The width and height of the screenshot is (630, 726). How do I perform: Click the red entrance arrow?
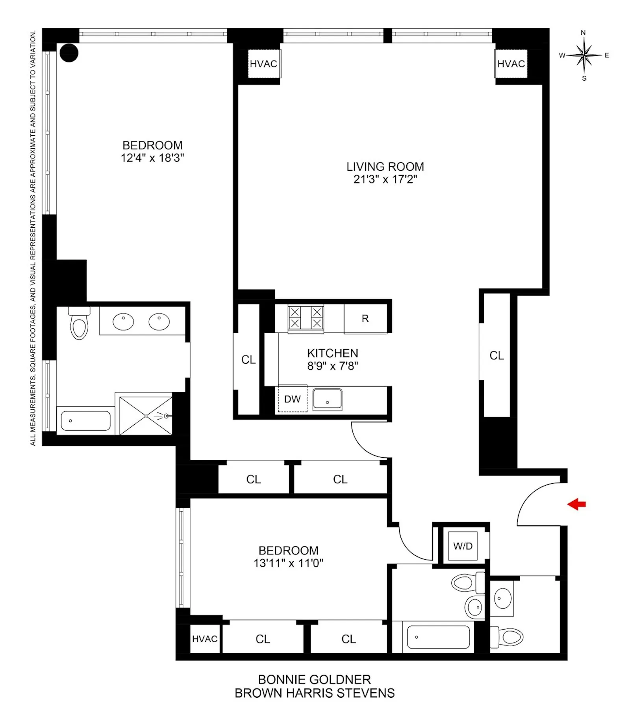576,504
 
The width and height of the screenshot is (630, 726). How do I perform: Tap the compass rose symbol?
585,55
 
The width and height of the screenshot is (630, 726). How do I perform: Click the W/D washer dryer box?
463,546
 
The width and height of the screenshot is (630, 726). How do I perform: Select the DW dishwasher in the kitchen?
293,399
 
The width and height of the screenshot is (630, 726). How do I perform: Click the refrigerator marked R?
365,319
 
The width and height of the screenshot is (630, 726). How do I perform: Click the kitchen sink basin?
327,399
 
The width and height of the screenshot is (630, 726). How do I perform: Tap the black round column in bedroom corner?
69,53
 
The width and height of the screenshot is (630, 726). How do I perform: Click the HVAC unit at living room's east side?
511,64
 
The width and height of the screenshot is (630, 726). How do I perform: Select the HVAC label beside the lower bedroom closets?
204,639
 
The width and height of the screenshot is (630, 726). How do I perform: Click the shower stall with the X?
146,416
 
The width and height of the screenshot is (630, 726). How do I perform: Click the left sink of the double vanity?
123,322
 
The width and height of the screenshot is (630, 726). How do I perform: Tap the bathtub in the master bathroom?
85,421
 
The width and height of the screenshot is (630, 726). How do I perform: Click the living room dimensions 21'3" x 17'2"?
385,179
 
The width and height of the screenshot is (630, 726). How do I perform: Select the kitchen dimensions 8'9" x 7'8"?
332,366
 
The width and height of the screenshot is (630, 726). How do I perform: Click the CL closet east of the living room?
497,356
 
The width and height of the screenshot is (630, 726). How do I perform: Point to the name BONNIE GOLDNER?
314,679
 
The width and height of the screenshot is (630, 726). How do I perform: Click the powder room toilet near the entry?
508,637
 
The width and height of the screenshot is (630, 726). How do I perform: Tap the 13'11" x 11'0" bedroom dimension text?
288,563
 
